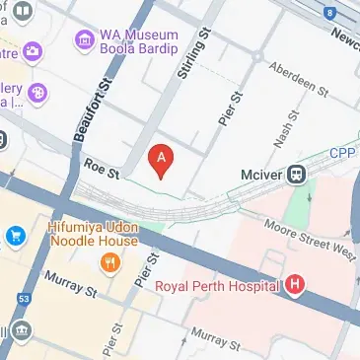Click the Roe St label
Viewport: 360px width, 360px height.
pyautogui.click(x=101, y=170)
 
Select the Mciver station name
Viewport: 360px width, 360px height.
pyautogui.click(x=262, y=176)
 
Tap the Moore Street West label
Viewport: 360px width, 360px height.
pyautogui.click(x=311, y=238)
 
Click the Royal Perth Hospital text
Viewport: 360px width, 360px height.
pyautogui.click(x=219, y=288)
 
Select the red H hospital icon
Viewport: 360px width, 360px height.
pyautogui.click(x=294, y=287)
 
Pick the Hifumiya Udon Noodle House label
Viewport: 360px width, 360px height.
pyautogui.click(x=93, y=233)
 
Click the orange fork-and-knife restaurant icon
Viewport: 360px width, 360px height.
pyautogui.click(x=109, y=262)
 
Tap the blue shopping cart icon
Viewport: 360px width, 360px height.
pyautogui.click(x=16, y=236)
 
